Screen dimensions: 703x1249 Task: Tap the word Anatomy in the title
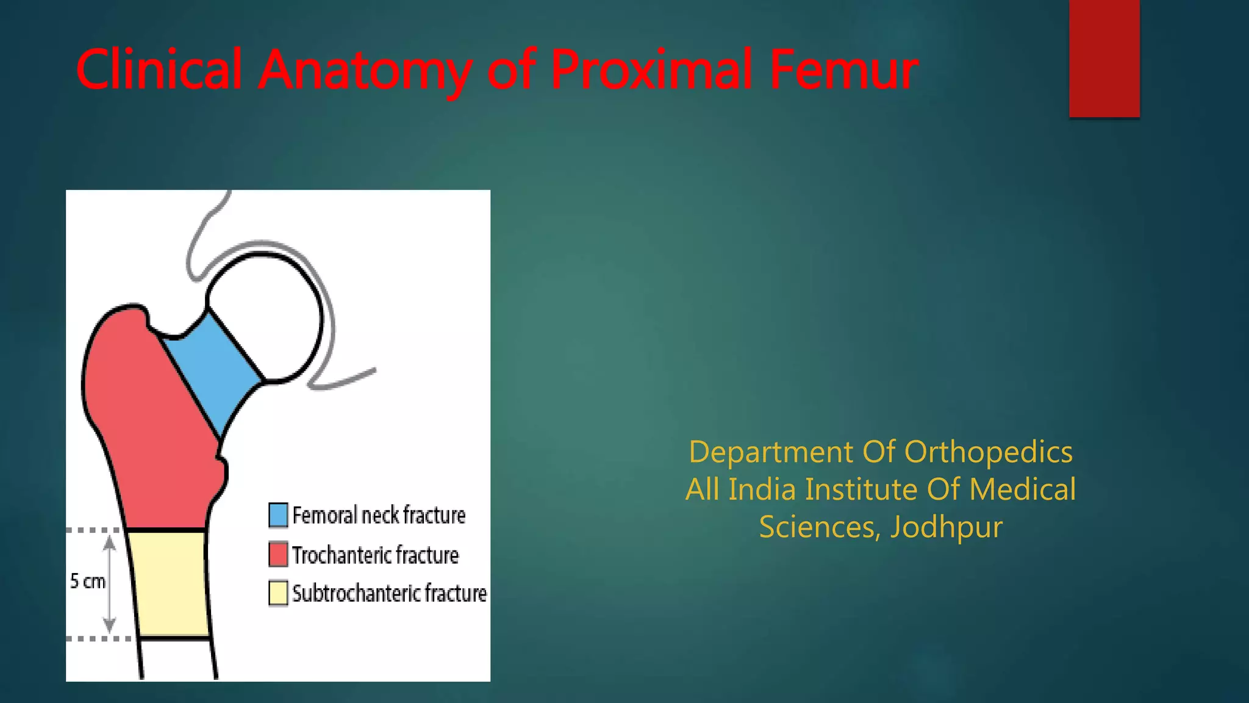point(364,70)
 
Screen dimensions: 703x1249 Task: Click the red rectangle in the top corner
point(1104,58)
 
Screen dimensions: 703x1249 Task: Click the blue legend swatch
point(278,515)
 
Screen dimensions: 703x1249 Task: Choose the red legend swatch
point(278,554)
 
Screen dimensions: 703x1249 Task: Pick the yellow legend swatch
point(278,593)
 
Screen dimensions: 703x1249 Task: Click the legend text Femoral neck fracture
point(379,515)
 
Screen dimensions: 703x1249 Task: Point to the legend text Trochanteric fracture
point(375,555)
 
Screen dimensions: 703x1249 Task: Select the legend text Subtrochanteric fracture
point(389,593)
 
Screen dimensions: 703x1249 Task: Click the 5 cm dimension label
point(87,581)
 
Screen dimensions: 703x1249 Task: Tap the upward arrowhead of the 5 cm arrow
point(109,542)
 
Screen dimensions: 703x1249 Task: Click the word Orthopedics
point(988,452)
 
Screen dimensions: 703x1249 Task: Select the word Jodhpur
point(946,527)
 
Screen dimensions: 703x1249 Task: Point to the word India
point(762,489)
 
